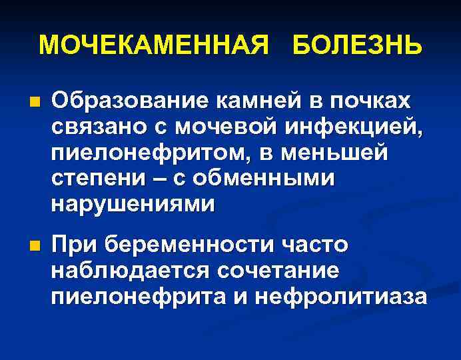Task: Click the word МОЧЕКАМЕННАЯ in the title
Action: coord(155,45)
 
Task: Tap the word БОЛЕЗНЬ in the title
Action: coord(356,45)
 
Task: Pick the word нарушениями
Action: coord(133,204)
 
